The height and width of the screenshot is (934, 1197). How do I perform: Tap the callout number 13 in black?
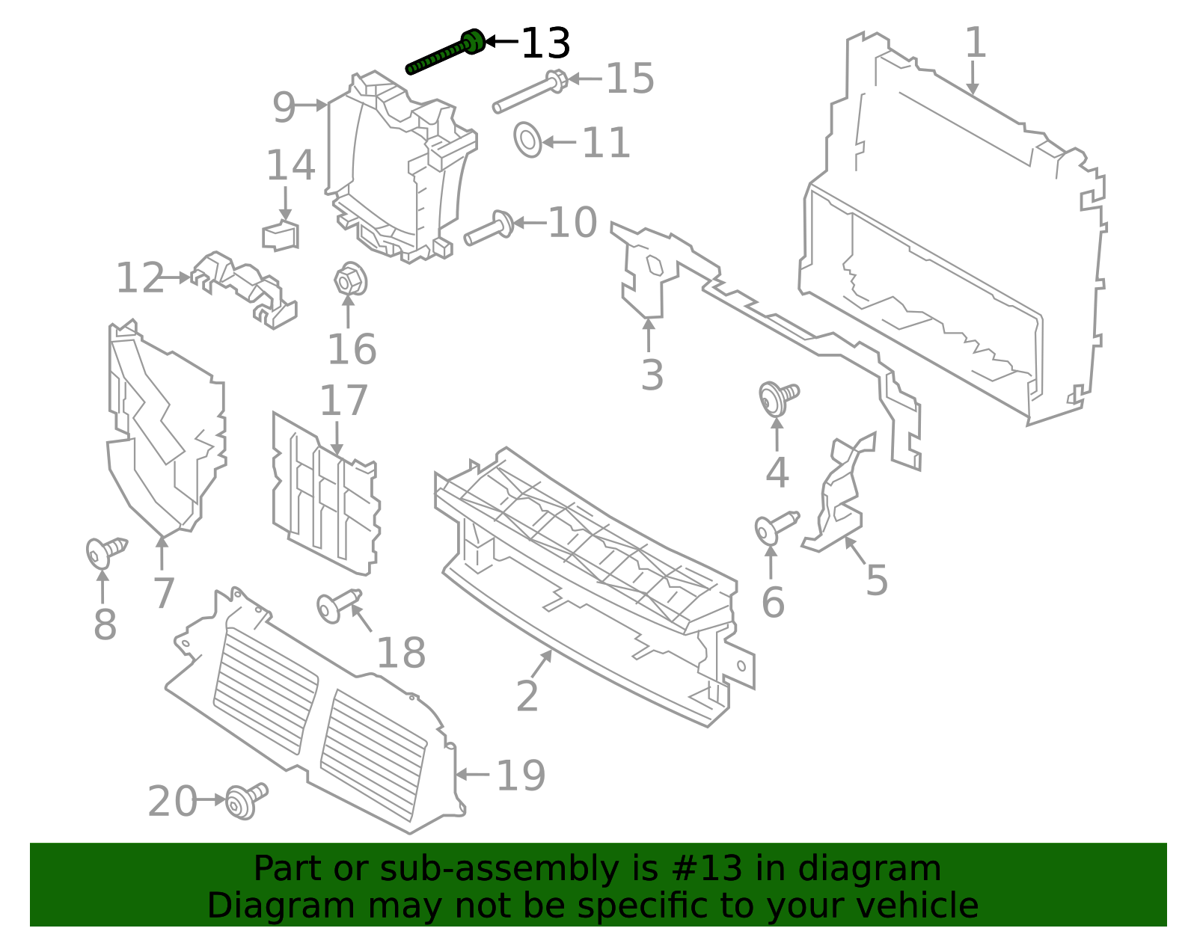pyautogui.click(x=545, y=43)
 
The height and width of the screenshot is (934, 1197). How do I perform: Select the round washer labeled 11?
pyautogui.click(x=527, y=140)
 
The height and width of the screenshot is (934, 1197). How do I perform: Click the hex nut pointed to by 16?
pyautogui.click(x=348, y=281)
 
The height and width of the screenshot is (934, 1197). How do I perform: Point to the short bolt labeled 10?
pyautogui.click(x=489, y=227)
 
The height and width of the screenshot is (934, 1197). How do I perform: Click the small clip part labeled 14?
pyautogui.click(x=281, y=236)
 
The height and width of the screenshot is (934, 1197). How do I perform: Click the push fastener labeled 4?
pyautogui.click(x=777, y=397)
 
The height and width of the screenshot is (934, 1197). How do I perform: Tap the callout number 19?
pyautogui.click(x=521, y=775)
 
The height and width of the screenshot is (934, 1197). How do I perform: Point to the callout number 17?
pyautogui.click(x=343, y=401)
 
